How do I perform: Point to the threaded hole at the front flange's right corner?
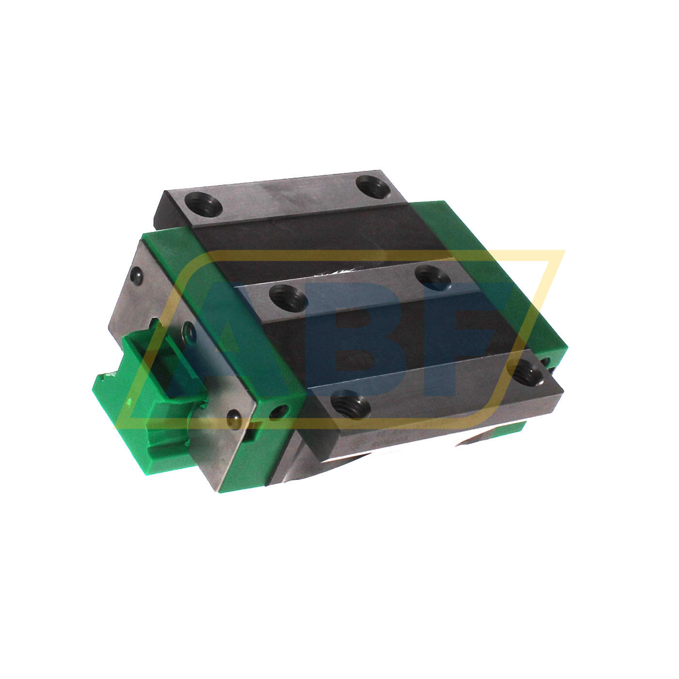pos(527,372)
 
